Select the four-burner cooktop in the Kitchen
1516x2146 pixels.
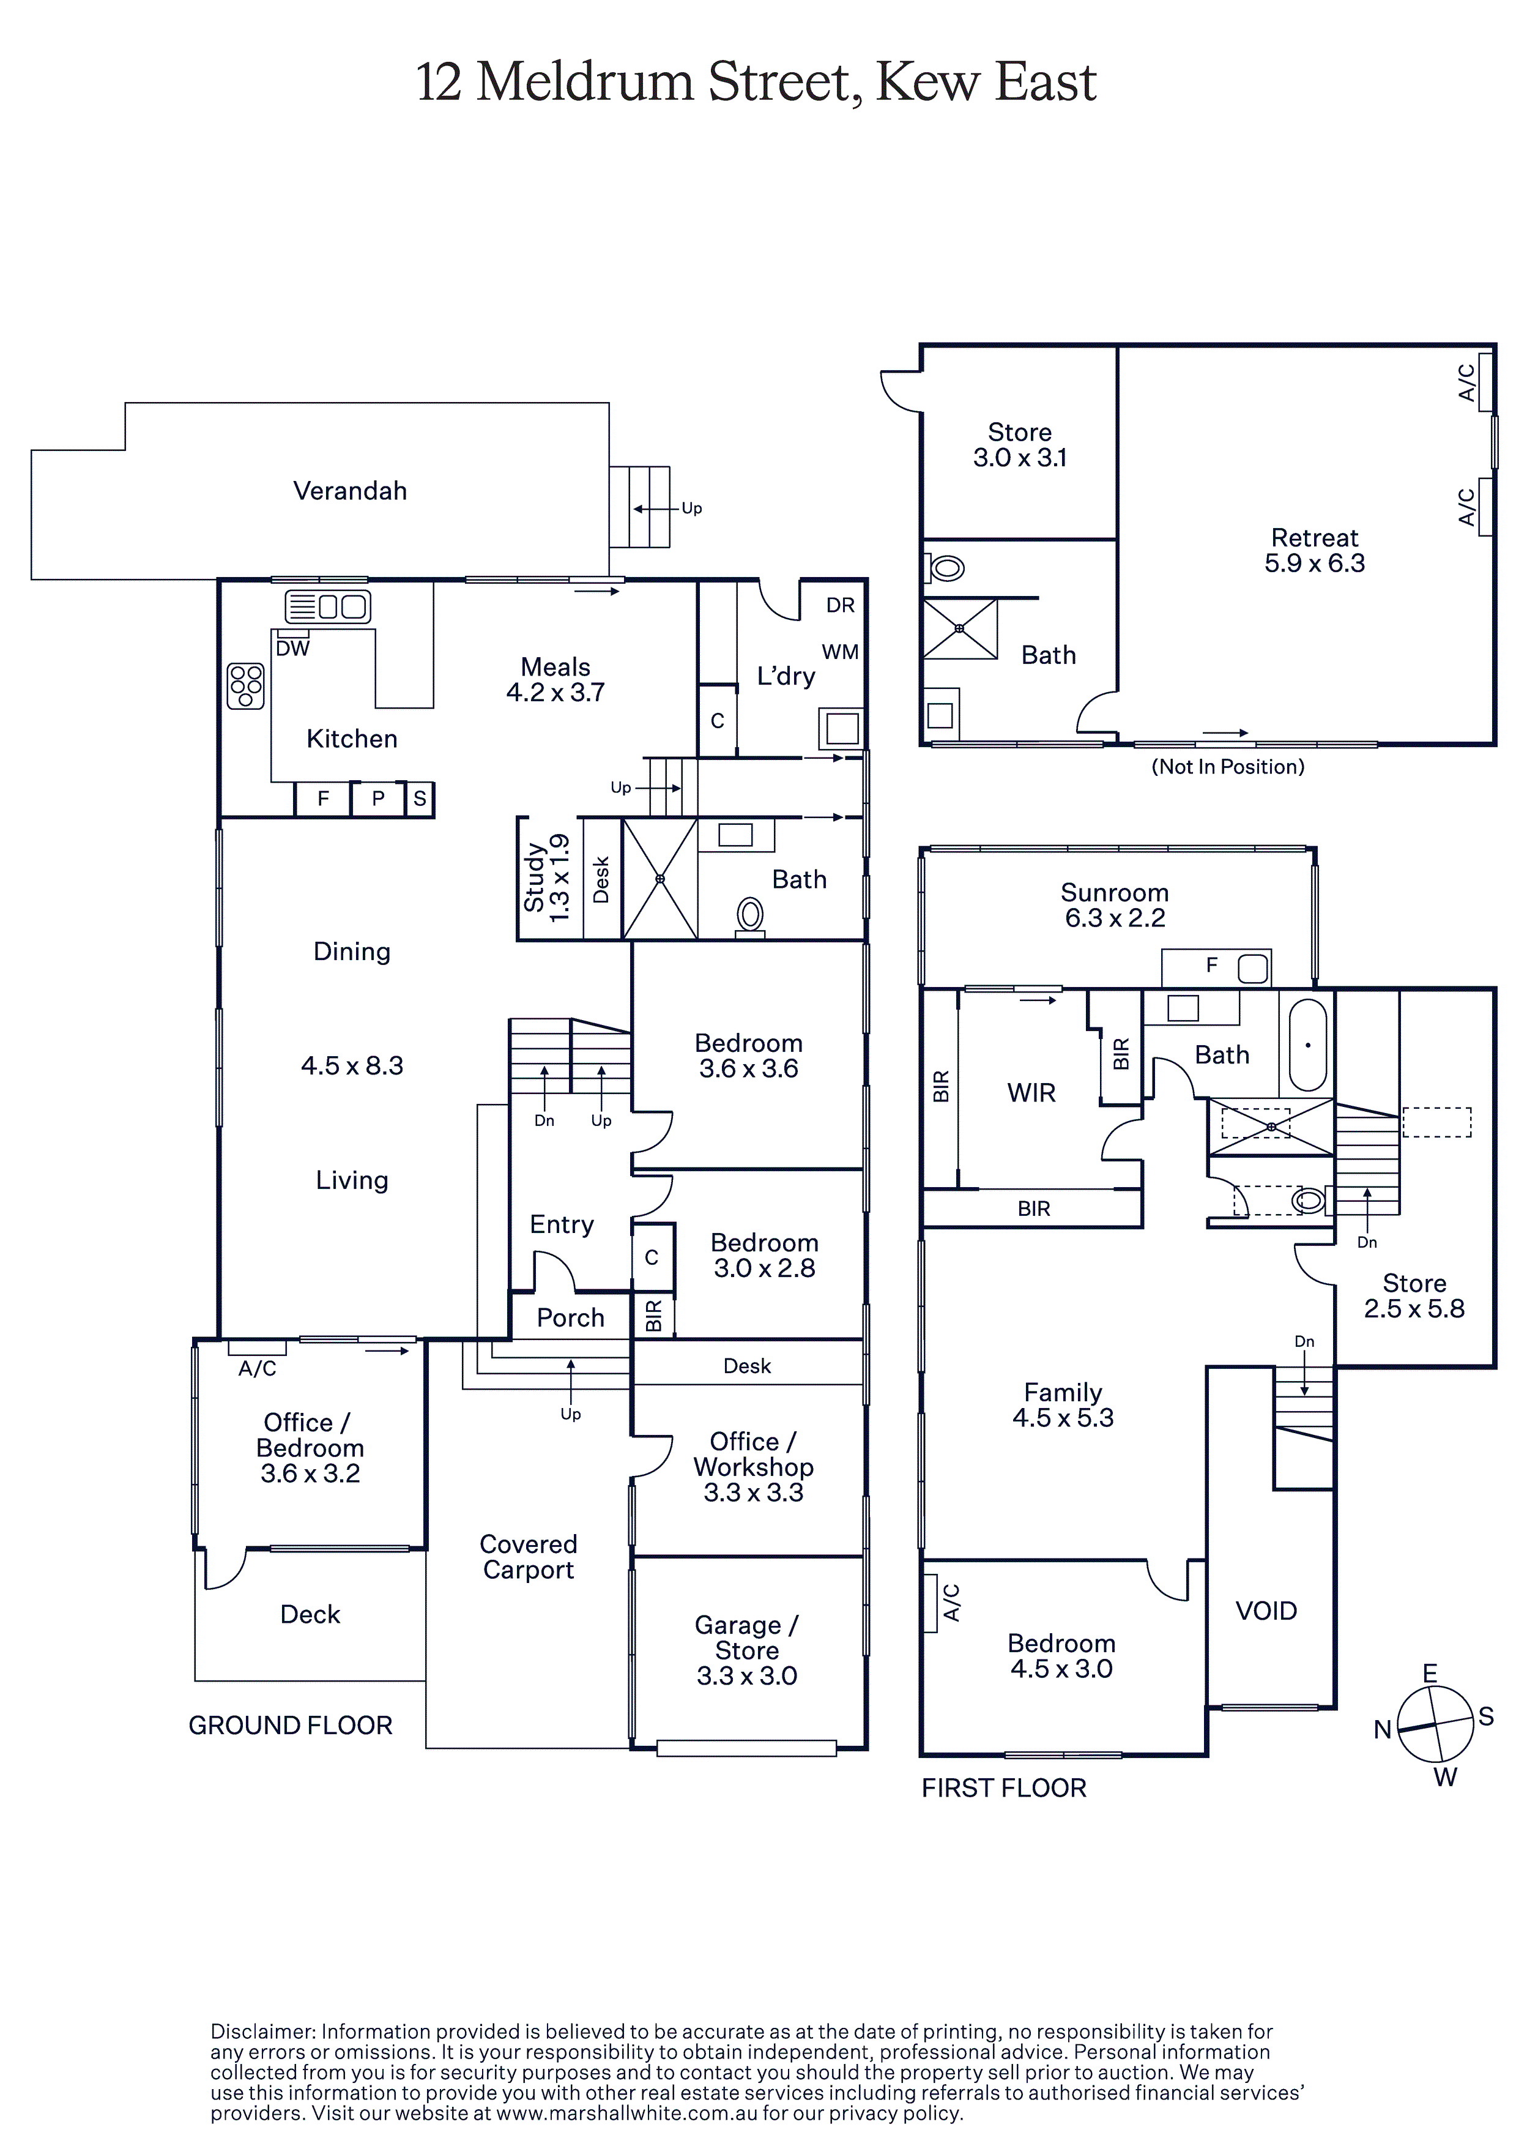[x=246, y=686]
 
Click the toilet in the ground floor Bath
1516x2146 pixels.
[x=751, y=916]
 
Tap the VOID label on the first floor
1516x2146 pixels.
[x=1266, y=1611]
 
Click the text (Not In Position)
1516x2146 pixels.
[x=1227, y=766]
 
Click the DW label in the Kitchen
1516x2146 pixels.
[x=292, y=649]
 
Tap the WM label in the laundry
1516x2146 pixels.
[x=840, y=652]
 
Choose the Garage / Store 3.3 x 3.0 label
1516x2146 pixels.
[x=747, y=1650]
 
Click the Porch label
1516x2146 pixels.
[x=570, y=1318]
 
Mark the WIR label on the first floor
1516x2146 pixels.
[x=1031, y=1093]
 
